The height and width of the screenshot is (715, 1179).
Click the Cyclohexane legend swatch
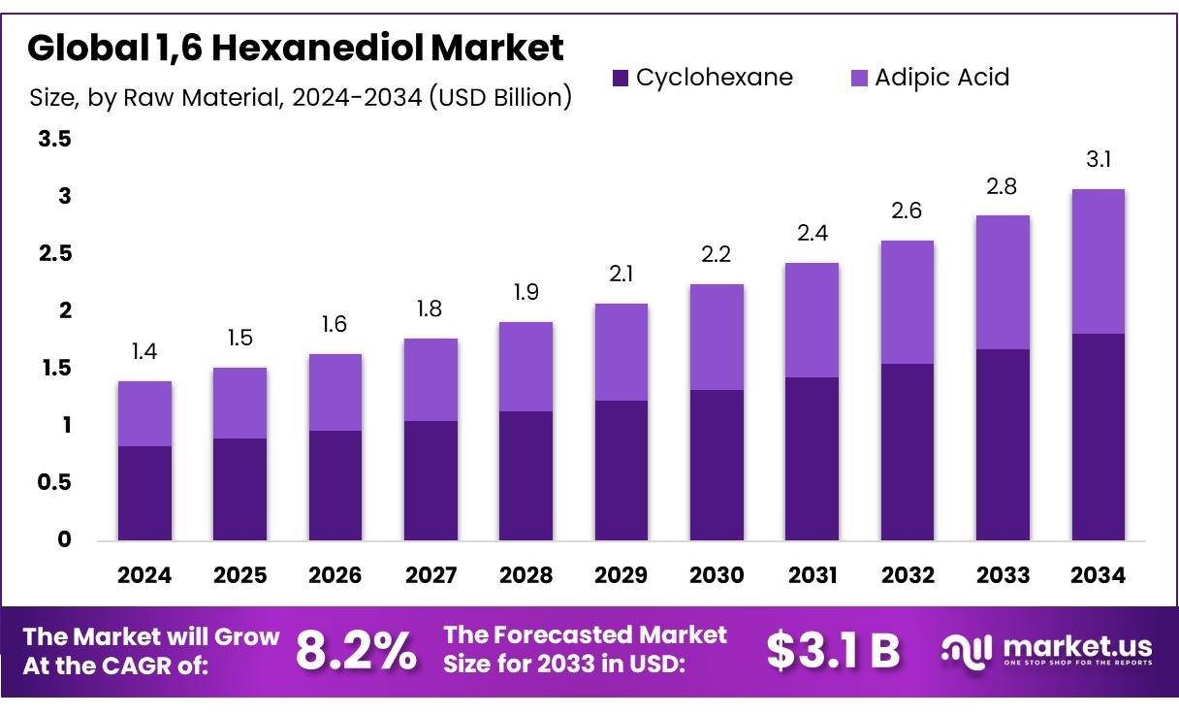[x=621, y=78]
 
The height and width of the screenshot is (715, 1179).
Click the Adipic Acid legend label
[x=941, y=78]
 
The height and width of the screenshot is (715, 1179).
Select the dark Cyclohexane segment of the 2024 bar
[x=144, y=493]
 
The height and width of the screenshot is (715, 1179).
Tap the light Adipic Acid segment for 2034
[x=1099, y=261]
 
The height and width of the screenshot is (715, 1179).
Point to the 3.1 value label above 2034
[x=1099, y=160]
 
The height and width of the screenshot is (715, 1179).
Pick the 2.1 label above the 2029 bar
[x=621, y=275]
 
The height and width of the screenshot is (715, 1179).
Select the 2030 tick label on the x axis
[x=717, y=575]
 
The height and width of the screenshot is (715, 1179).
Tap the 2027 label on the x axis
[x=430, y=575]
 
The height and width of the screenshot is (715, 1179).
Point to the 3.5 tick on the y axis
[x=54, y=140]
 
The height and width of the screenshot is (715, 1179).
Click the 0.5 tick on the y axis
[x=54, y=482]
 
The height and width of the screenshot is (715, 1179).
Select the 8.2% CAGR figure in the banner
[x=355, y=651]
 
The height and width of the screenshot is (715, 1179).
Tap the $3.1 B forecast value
[x=833, y=651]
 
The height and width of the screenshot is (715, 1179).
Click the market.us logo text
[x=1077, y=646]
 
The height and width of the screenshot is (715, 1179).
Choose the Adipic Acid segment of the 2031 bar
[x=813, y=320]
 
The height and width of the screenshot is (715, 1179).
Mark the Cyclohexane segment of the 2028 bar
[x=526, y=475]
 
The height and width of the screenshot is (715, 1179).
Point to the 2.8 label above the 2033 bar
[x=1004, y=186]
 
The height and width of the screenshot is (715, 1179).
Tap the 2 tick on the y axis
[x=65, y=310]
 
